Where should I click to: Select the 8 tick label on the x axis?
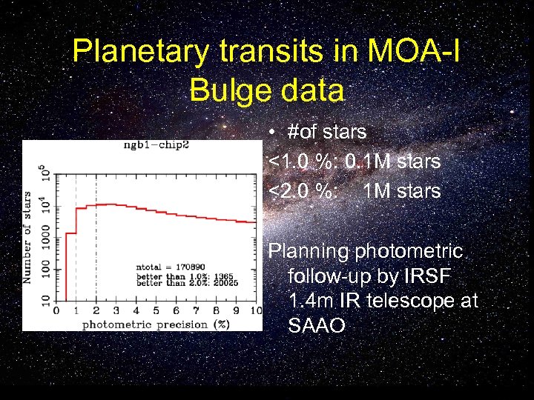coord(217,311)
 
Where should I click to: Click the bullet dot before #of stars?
coord(274,133)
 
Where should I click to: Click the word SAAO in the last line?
coord(316,326)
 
